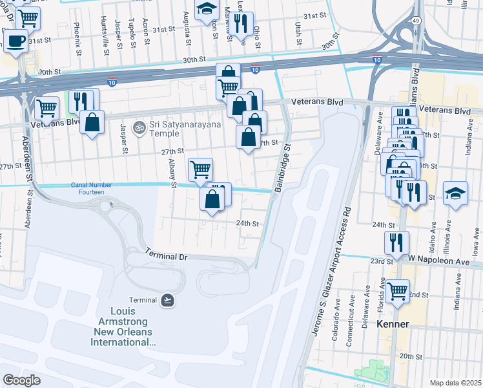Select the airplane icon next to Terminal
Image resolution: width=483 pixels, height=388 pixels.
pyautogui.click(x=167, y=300)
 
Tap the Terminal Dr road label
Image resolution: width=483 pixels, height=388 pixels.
pyautogui.click(x=165, y=257)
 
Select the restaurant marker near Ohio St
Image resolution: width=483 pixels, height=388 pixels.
pyautogui.click(x=241, y=24)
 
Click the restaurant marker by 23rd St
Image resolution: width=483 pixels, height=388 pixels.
pyautogui.click(x=396, y=242)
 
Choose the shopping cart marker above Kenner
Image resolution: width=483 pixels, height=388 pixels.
pyautogui.click(x=397, y=288)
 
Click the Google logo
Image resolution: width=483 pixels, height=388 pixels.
pyautogui.click(x=21, y=380)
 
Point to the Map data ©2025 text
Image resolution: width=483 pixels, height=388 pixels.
pyautogui.click(x=455, y=383)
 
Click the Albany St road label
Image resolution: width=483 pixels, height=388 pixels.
pyautogui.click(x=172, y=174)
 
